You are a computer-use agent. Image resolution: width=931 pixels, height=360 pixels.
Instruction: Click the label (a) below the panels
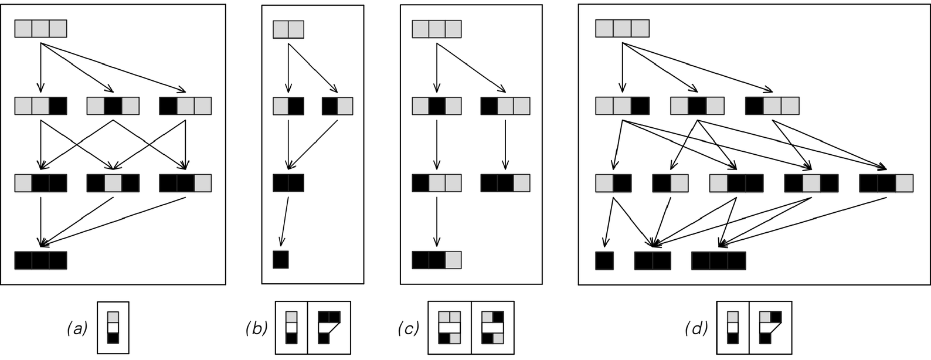pos(78,329)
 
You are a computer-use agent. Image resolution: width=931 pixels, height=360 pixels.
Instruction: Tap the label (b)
pos(256,329)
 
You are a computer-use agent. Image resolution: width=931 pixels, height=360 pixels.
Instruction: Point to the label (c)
pos(409,329)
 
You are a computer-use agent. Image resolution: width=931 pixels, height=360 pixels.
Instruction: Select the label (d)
pos(696,329)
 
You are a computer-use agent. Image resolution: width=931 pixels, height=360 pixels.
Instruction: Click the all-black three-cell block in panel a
pos(40,261)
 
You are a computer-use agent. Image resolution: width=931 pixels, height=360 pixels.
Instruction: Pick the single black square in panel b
pos(281,259)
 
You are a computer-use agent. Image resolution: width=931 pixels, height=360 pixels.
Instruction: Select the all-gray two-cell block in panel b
pos(288,29)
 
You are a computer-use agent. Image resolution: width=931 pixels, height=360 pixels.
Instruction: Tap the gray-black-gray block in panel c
pos(437,106)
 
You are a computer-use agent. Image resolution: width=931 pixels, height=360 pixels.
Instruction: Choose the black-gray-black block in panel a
pos(113,183)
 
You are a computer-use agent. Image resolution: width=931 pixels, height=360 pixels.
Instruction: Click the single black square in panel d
pos(604,261)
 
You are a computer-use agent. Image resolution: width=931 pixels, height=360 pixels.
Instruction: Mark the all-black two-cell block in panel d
pos(653,261)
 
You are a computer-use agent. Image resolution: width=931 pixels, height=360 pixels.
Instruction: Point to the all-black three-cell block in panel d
pos(719,261)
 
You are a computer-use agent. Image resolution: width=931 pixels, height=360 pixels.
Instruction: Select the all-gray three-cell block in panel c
pos(437,29)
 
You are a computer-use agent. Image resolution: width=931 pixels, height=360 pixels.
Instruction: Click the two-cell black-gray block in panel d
pos(671,183)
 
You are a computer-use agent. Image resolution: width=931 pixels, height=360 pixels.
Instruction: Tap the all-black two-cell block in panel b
pos(288,183)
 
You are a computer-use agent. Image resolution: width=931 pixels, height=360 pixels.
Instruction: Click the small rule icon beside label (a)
pos(113,328)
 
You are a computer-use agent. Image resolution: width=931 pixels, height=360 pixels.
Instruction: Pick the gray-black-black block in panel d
pos(736,183)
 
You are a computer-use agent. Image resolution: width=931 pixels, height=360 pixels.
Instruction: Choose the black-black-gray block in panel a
pos(185,183)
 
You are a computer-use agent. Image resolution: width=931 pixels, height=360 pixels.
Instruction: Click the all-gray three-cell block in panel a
pos(40,28)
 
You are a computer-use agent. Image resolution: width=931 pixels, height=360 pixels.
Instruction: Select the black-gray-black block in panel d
pos(811,183)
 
